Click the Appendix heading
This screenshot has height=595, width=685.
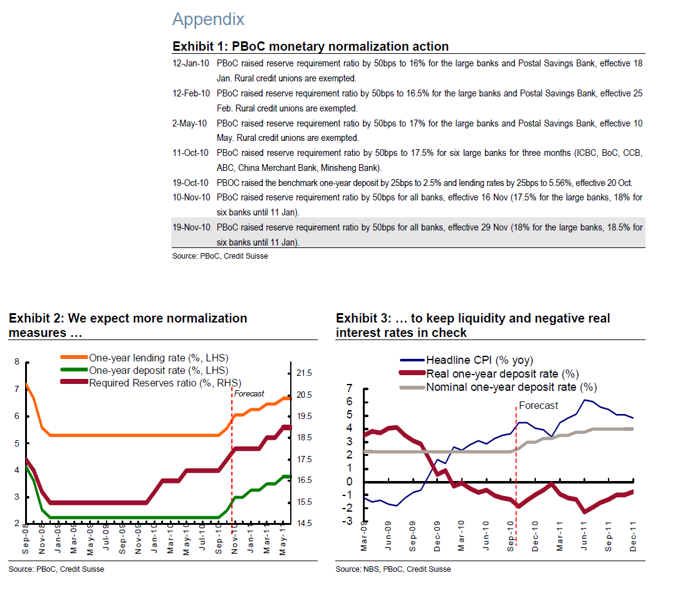click(x=208, y=19)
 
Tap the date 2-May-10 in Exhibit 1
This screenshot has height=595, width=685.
click(x=190, y=123)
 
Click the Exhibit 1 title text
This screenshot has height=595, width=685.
click(x=310, y=46)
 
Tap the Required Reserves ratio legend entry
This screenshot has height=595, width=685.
click(x=165, y=383)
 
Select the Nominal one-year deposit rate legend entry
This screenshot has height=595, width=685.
click(x=511, y=387)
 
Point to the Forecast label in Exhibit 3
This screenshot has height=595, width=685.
click(x=538, y=405)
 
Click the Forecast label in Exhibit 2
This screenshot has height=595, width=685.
click(x=249, y=394)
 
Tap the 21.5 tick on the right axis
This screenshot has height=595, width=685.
click(x=303, y=373)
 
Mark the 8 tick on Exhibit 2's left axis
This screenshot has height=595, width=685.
click(x=17, y=361)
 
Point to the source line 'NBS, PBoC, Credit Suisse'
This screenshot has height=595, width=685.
click(x=393, y=569)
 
